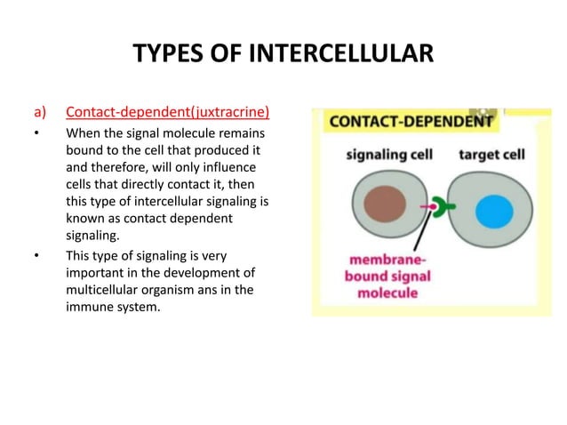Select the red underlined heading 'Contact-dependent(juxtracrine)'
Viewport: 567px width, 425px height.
[168, 113]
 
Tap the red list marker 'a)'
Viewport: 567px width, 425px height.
[39, 113]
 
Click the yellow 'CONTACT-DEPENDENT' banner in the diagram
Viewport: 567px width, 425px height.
[409, 121]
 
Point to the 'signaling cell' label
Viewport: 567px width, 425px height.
[389, 155]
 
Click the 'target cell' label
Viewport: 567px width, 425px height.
[491, 155]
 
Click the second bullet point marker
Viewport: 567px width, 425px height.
[37, 257]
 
